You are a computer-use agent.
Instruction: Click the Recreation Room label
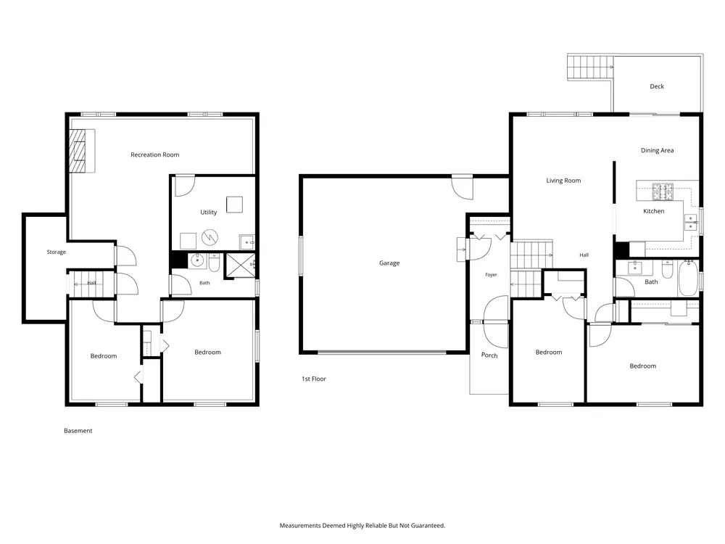(x=155, y=154)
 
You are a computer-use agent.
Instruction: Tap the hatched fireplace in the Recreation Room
(x=78, y=151)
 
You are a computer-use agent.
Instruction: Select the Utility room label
(x=209, y=213)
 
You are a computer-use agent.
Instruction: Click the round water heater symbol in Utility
(x=210, y=237)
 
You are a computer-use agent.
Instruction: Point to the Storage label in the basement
(x=57, y=252)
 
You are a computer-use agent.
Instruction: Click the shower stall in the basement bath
(x=241, y=265)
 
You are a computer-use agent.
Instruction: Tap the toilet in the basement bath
(x=214, y=263)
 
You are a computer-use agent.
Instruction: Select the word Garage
(x=389, y=263)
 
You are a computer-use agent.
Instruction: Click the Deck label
(x=657, y=86)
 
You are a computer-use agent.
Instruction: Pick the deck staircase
(x=590, y=67)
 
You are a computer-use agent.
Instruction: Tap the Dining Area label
(x=657, y=150)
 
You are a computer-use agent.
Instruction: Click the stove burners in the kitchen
(x=663, y=192)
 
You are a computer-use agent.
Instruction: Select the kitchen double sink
(x=690, y=222)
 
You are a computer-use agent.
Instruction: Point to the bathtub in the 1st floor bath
(x=688, y=278)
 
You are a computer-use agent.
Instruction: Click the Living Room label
(x=563, y=181)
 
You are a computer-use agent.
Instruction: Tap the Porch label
(x=489, y=355)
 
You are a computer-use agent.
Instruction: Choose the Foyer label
(x=491, y=275)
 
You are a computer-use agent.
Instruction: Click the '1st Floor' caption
(x=314, y=379)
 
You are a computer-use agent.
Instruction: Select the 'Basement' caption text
(x=78, y=431)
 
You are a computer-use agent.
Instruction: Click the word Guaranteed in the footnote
(x=429, y=525)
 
